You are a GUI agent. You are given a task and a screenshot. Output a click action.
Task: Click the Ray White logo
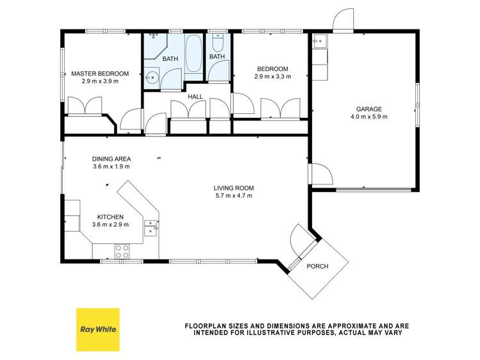(97, 329)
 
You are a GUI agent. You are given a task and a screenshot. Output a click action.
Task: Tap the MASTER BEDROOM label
(100, 74)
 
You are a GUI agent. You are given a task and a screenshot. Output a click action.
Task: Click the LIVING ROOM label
(234, 188)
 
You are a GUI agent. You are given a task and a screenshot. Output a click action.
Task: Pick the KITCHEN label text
(111, 217)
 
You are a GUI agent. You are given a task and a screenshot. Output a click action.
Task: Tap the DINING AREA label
(112, 159)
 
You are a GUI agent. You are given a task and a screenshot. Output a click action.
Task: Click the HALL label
(195, 97)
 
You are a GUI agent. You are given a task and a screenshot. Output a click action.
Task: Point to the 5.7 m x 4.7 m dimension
(234, 196)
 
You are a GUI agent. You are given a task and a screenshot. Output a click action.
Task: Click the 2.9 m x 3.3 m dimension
(272, 77)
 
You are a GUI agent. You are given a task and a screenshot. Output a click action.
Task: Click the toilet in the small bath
(217, 42)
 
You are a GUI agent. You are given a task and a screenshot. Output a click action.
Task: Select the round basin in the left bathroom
(152, 79)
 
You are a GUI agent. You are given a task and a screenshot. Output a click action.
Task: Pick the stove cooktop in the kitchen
(122, 250)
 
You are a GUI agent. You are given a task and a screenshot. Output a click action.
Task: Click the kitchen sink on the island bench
(151, 227)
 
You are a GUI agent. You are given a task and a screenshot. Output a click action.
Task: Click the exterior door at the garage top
(343, 21)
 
